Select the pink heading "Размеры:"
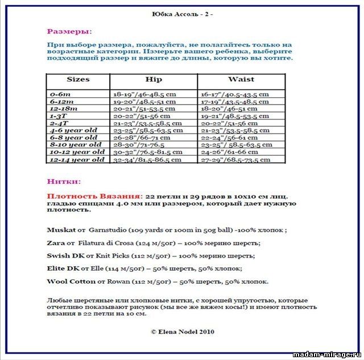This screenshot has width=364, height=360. click(69, 31)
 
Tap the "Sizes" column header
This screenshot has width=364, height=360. click(78, 80)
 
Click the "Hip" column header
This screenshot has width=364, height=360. click(154, 80)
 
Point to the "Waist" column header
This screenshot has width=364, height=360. click(241, 80)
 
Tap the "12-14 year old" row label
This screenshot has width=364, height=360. click(77, 160)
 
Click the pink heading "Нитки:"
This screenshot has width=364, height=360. click(64, 182)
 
